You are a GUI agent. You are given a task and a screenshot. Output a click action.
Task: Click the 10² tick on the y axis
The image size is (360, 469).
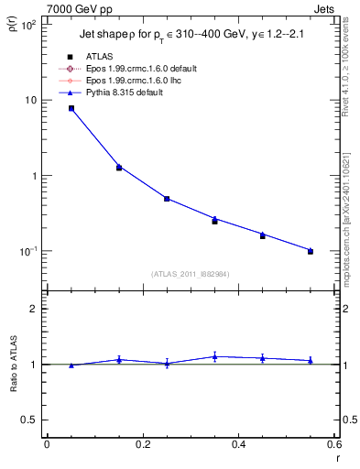(28, 25)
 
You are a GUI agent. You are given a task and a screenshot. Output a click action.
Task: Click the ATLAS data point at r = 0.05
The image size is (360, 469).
(71, 108)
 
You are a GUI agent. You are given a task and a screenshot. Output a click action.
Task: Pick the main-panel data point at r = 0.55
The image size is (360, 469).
(311, 251)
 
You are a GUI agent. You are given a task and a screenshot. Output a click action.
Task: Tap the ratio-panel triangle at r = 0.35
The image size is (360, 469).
(214, 356)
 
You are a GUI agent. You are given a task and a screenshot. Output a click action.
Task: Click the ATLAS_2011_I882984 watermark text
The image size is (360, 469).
(190, 274)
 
